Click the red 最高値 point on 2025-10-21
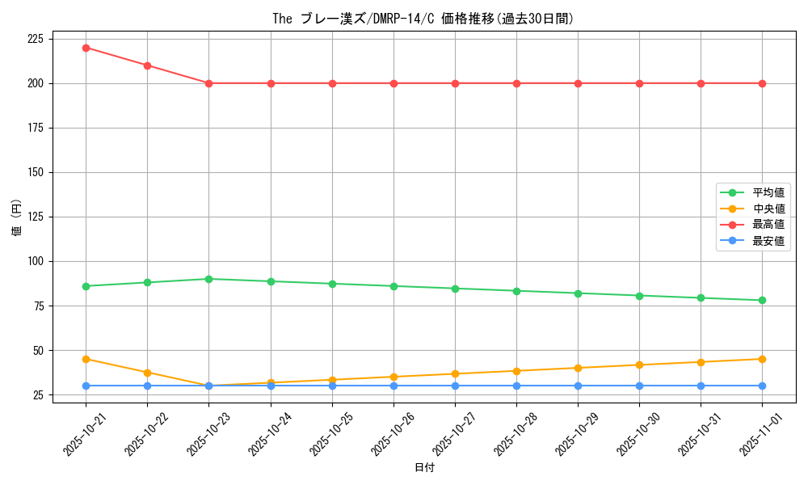click(x=86, y=48)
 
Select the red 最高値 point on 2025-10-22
click(x=147, y=65)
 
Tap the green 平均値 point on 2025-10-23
click(x=208, y=279)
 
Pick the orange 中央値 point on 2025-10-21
click(x=86, y=359)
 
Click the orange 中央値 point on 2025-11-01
click(x=762, y=359)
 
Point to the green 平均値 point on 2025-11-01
click(x=762, y=301)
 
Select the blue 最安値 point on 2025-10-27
click(x=455, y=386)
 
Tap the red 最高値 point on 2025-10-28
click(x=516, y=83)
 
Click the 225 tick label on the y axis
click(x=36, y=39)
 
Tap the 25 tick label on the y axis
click(x=39, y=394)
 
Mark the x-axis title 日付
click(x=423, y=468)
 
